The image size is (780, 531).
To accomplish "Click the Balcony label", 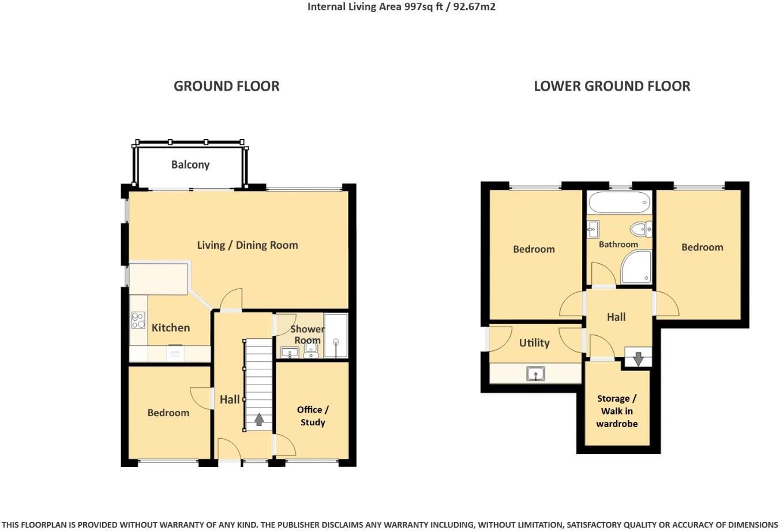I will [x=190, y=164].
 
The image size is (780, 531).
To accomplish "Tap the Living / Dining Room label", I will [x=247, y=245].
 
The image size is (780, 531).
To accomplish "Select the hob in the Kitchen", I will [x=138, y=320].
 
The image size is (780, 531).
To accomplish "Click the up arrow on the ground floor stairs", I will [x=259, y=419].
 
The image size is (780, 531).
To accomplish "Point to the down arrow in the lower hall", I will [x=638, y=358].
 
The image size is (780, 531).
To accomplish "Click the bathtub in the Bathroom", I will [x=619, y=203].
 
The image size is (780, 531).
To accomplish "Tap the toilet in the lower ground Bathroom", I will [x=640, y=230].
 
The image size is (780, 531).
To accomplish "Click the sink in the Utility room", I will [x=536, y=374].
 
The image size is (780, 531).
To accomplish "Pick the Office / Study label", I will [x=313, y=416].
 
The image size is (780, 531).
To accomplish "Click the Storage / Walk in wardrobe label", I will [x=617, y=411].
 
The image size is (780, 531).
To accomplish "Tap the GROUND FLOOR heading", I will [x=226, y=86].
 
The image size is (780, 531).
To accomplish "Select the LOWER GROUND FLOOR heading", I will [x=612, y=86].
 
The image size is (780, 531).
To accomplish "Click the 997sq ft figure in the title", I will [x=397, y=7].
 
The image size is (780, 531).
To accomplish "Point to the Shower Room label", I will [x=307, y=334].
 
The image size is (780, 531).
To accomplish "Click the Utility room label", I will [x=534, y=342].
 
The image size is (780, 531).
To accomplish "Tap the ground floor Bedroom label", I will [x=168, y=413].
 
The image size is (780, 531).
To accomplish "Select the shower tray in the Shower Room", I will [x=336, y=335].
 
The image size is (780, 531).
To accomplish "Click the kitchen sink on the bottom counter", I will [x=174, y=353].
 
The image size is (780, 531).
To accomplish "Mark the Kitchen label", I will [x=170, y=327].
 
